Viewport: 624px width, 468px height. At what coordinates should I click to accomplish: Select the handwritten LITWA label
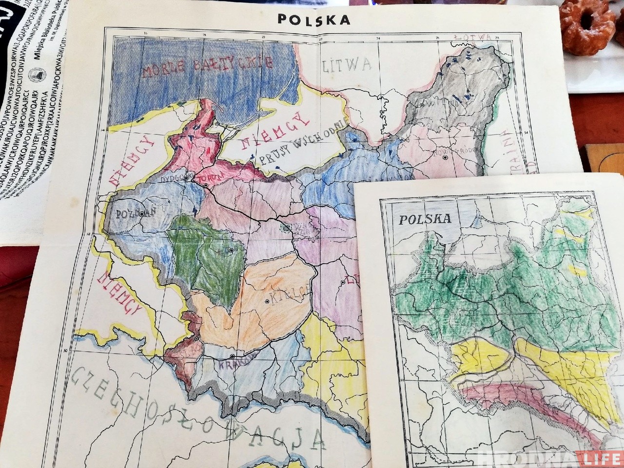coord(347,65)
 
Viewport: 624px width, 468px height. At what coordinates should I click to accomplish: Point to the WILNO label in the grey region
coord(441,104)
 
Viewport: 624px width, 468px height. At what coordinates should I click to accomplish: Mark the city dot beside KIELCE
coord(267,302)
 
